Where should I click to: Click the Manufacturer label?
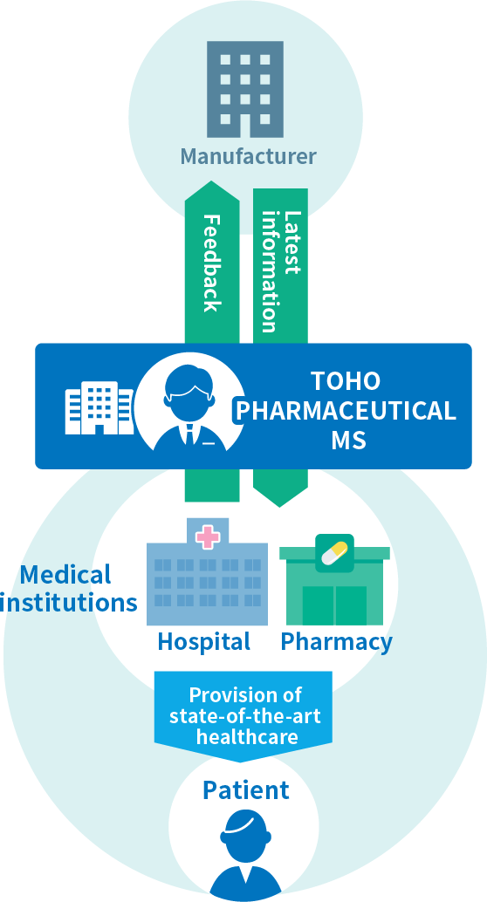pyautogui.click(x=248, y=156)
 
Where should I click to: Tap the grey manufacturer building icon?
pyautogui.click(x=245, y=89)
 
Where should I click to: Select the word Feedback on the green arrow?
pyautogui.click(x=212, y=263)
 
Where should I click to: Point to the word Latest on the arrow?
pyautogui.click(x=292, y=243)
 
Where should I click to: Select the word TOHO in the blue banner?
pyautogui.click(x=346, y=381)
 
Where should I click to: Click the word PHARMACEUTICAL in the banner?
pyautogui.click(x=346, y=411)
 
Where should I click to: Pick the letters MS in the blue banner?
pyautogui.click(x=348, y=441)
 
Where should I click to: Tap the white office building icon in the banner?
pyautogui.click(x=99, y=408)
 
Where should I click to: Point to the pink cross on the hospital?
pyautogui.click(x=208, y=536)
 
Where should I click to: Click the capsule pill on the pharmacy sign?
pyautogui.click(x=334, y=553)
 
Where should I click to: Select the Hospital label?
pyautogui.click(x=204, y=641)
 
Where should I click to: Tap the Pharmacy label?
pyautogui.click(x=336, y=642)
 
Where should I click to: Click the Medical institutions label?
pyautogui.click(x=68, y=589)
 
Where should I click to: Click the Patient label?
pyautogui.click(x=246, y=790)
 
